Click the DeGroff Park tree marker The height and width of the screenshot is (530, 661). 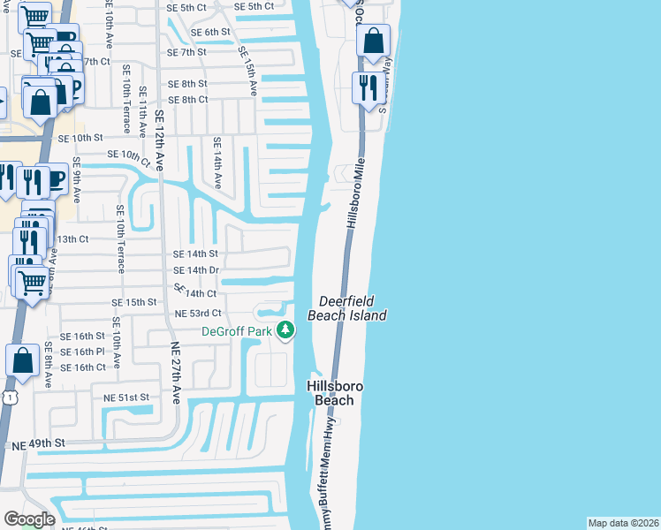(x=285, y=331)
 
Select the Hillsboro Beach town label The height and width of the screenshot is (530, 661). (x=330, y=393)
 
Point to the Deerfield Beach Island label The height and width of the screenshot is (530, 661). (x=347, y=308)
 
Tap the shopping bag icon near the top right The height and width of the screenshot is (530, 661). (x=374, y=41)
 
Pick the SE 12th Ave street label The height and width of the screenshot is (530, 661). (x=159, y=140)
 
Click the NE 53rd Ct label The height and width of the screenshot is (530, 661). (x=198, y=314)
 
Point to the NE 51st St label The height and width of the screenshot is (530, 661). (x=126, y=397)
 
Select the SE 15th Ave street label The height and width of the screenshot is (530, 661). (x=247, y=70)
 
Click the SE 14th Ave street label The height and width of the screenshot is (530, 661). (x=216, y=163)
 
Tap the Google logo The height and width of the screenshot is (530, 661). (x=29, y=519)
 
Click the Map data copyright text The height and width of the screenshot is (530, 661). (x=623, y=523)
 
